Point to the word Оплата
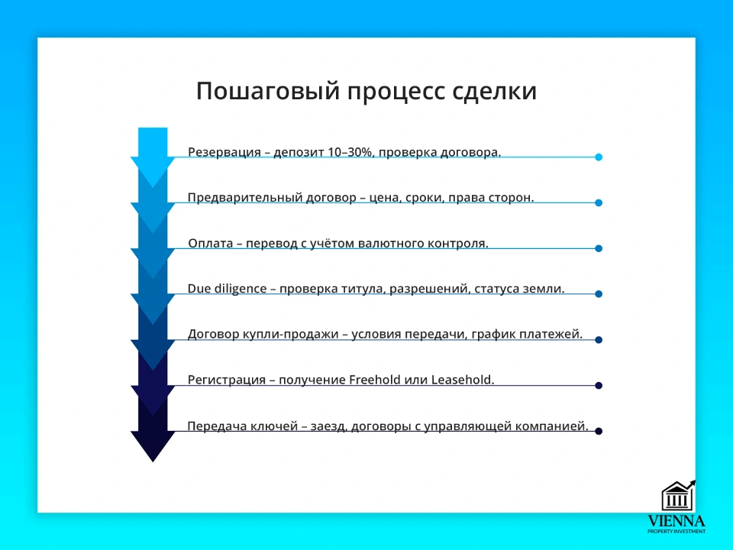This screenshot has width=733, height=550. pos(211,243)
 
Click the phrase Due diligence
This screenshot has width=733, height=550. pos(227,289)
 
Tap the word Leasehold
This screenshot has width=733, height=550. pos(463,380)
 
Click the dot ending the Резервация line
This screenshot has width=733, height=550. pos(599,157)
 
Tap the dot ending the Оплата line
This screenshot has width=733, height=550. pos(599,248)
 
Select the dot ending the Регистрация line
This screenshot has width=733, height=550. pos(599,386)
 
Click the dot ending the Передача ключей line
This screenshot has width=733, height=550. pos(599,432)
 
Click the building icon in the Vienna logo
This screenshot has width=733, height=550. pos(676,496)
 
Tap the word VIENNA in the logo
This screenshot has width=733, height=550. pos(676,520)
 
